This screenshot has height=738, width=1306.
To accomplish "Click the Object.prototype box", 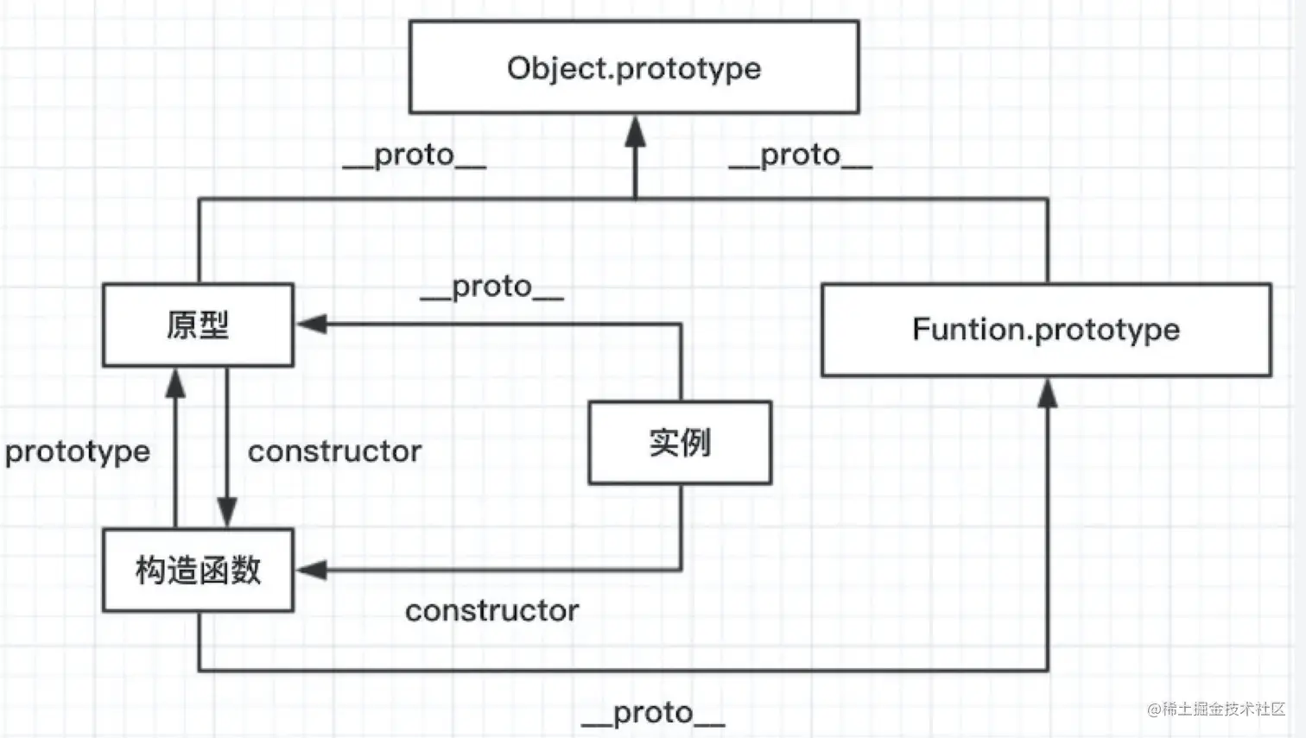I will (634, 67).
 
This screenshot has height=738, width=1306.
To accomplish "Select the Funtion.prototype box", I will (1046, 330).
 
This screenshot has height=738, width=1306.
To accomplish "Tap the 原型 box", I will (198, 325).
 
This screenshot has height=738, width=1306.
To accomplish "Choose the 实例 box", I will (680, 443).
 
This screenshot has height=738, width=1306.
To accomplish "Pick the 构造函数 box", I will (198, 571).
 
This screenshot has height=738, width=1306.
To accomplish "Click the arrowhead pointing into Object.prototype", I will (636, 131).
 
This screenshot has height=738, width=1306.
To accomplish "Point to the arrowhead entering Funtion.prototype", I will (1048, 393).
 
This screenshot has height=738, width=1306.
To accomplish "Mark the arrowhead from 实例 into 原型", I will (311, 325).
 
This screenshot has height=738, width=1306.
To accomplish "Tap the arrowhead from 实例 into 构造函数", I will (311, 570).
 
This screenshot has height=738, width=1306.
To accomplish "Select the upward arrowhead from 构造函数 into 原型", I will (175, 383).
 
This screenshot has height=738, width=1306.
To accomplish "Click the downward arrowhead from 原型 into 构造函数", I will (227, 512).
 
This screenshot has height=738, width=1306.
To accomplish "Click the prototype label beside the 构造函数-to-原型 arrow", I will (78, 451).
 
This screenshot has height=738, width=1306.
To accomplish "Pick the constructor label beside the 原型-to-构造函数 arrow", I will (334, 451).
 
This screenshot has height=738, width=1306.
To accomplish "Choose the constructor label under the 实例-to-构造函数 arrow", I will (491, 611).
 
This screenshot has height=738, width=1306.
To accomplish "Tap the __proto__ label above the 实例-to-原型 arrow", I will (491, 287).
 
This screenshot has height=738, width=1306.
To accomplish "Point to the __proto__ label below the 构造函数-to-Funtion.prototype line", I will (653, 713).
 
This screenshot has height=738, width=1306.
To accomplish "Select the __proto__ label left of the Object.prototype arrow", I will (414, 155).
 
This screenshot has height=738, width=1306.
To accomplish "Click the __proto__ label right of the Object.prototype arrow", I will (800, 155).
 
